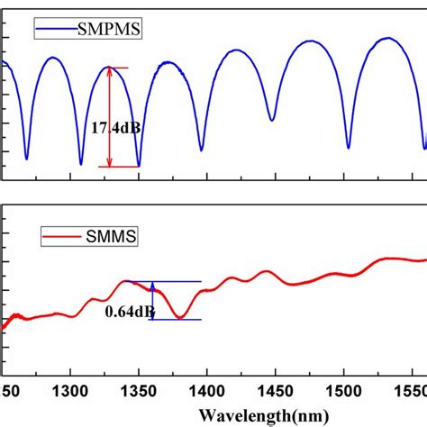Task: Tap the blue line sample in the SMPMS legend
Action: tap(50, 31)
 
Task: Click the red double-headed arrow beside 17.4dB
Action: tap(109, 117)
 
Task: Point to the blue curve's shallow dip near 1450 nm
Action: tap(272, 119)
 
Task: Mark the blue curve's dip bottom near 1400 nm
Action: tap(201, 150)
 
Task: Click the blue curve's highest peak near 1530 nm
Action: tap(387, 38)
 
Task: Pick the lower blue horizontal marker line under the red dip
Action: tap(177, 320)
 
